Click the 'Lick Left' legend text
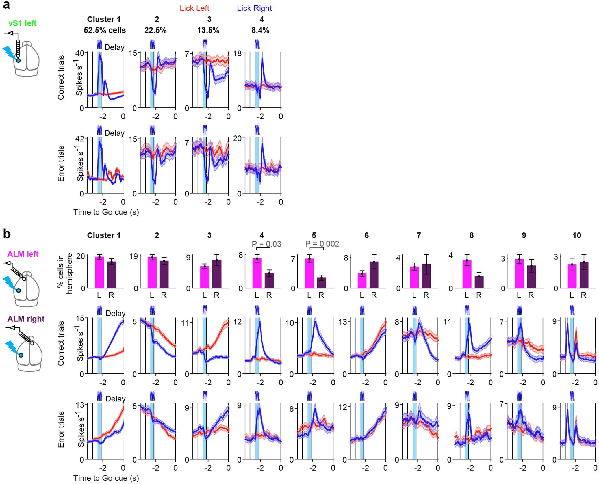(194, 8)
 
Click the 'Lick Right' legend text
(254, 8)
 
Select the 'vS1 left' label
(22, 23)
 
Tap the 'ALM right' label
(26, 319)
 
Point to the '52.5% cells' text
(105, 30)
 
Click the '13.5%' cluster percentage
(208, 30)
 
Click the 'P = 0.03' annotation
(266, 244)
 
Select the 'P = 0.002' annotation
(322, 244)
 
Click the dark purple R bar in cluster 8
(479, 282)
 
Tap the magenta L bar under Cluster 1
(99, 273)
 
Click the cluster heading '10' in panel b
(576, 235)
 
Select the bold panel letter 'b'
(6, 235)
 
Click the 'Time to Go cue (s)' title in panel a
(106, 212)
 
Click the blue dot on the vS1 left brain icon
(18, 60)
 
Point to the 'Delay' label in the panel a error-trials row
(114, 133)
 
